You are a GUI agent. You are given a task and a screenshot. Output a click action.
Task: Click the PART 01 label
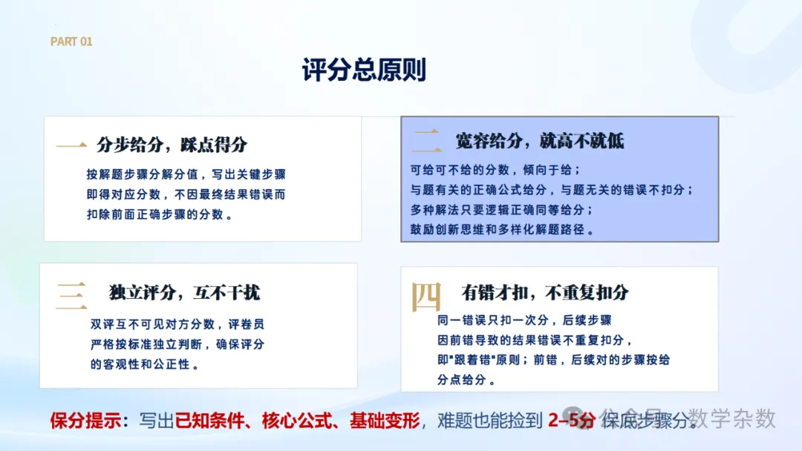tap(71, 42)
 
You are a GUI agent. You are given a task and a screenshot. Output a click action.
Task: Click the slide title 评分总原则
tap(364, 70)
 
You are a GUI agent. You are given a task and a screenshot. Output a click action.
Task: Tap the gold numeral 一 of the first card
tap(71, 145)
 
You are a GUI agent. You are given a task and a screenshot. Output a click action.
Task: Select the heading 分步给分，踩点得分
tap(172, 145)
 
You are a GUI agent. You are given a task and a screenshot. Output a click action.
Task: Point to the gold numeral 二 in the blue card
tap(426, 141)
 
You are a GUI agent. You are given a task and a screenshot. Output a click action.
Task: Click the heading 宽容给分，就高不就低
tap(540, 141)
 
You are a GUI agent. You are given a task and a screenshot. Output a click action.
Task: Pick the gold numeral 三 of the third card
tap(71, 296)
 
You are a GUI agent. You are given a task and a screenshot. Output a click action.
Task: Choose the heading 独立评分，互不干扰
tap(184, 293)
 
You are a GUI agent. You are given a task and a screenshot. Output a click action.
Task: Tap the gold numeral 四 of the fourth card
tap(426, 296)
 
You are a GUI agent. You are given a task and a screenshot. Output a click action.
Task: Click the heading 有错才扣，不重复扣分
tap(545, 293)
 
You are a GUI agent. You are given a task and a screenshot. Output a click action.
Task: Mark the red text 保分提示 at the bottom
tap(85, 421)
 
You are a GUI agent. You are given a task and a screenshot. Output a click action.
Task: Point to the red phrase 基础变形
tap(384, 421)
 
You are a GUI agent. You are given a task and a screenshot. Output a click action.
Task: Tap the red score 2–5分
tap(572, 421)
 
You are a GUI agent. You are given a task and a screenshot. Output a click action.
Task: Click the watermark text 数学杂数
tap(732, 418)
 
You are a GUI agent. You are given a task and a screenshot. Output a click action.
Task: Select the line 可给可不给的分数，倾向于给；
tap(495, 170)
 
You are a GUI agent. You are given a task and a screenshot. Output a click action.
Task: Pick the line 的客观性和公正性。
tap(145, 364)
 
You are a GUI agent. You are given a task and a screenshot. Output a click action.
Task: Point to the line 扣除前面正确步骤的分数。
tap(160, 214)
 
